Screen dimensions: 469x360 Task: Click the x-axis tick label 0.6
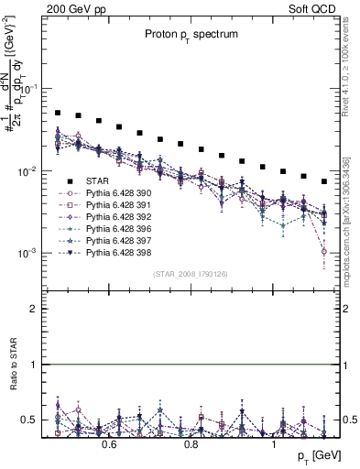click(108, 445)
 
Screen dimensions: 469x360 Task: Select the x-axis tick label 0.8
click(191, 445)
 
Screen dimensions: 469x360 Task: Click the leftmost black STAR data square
click(58, 113)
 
